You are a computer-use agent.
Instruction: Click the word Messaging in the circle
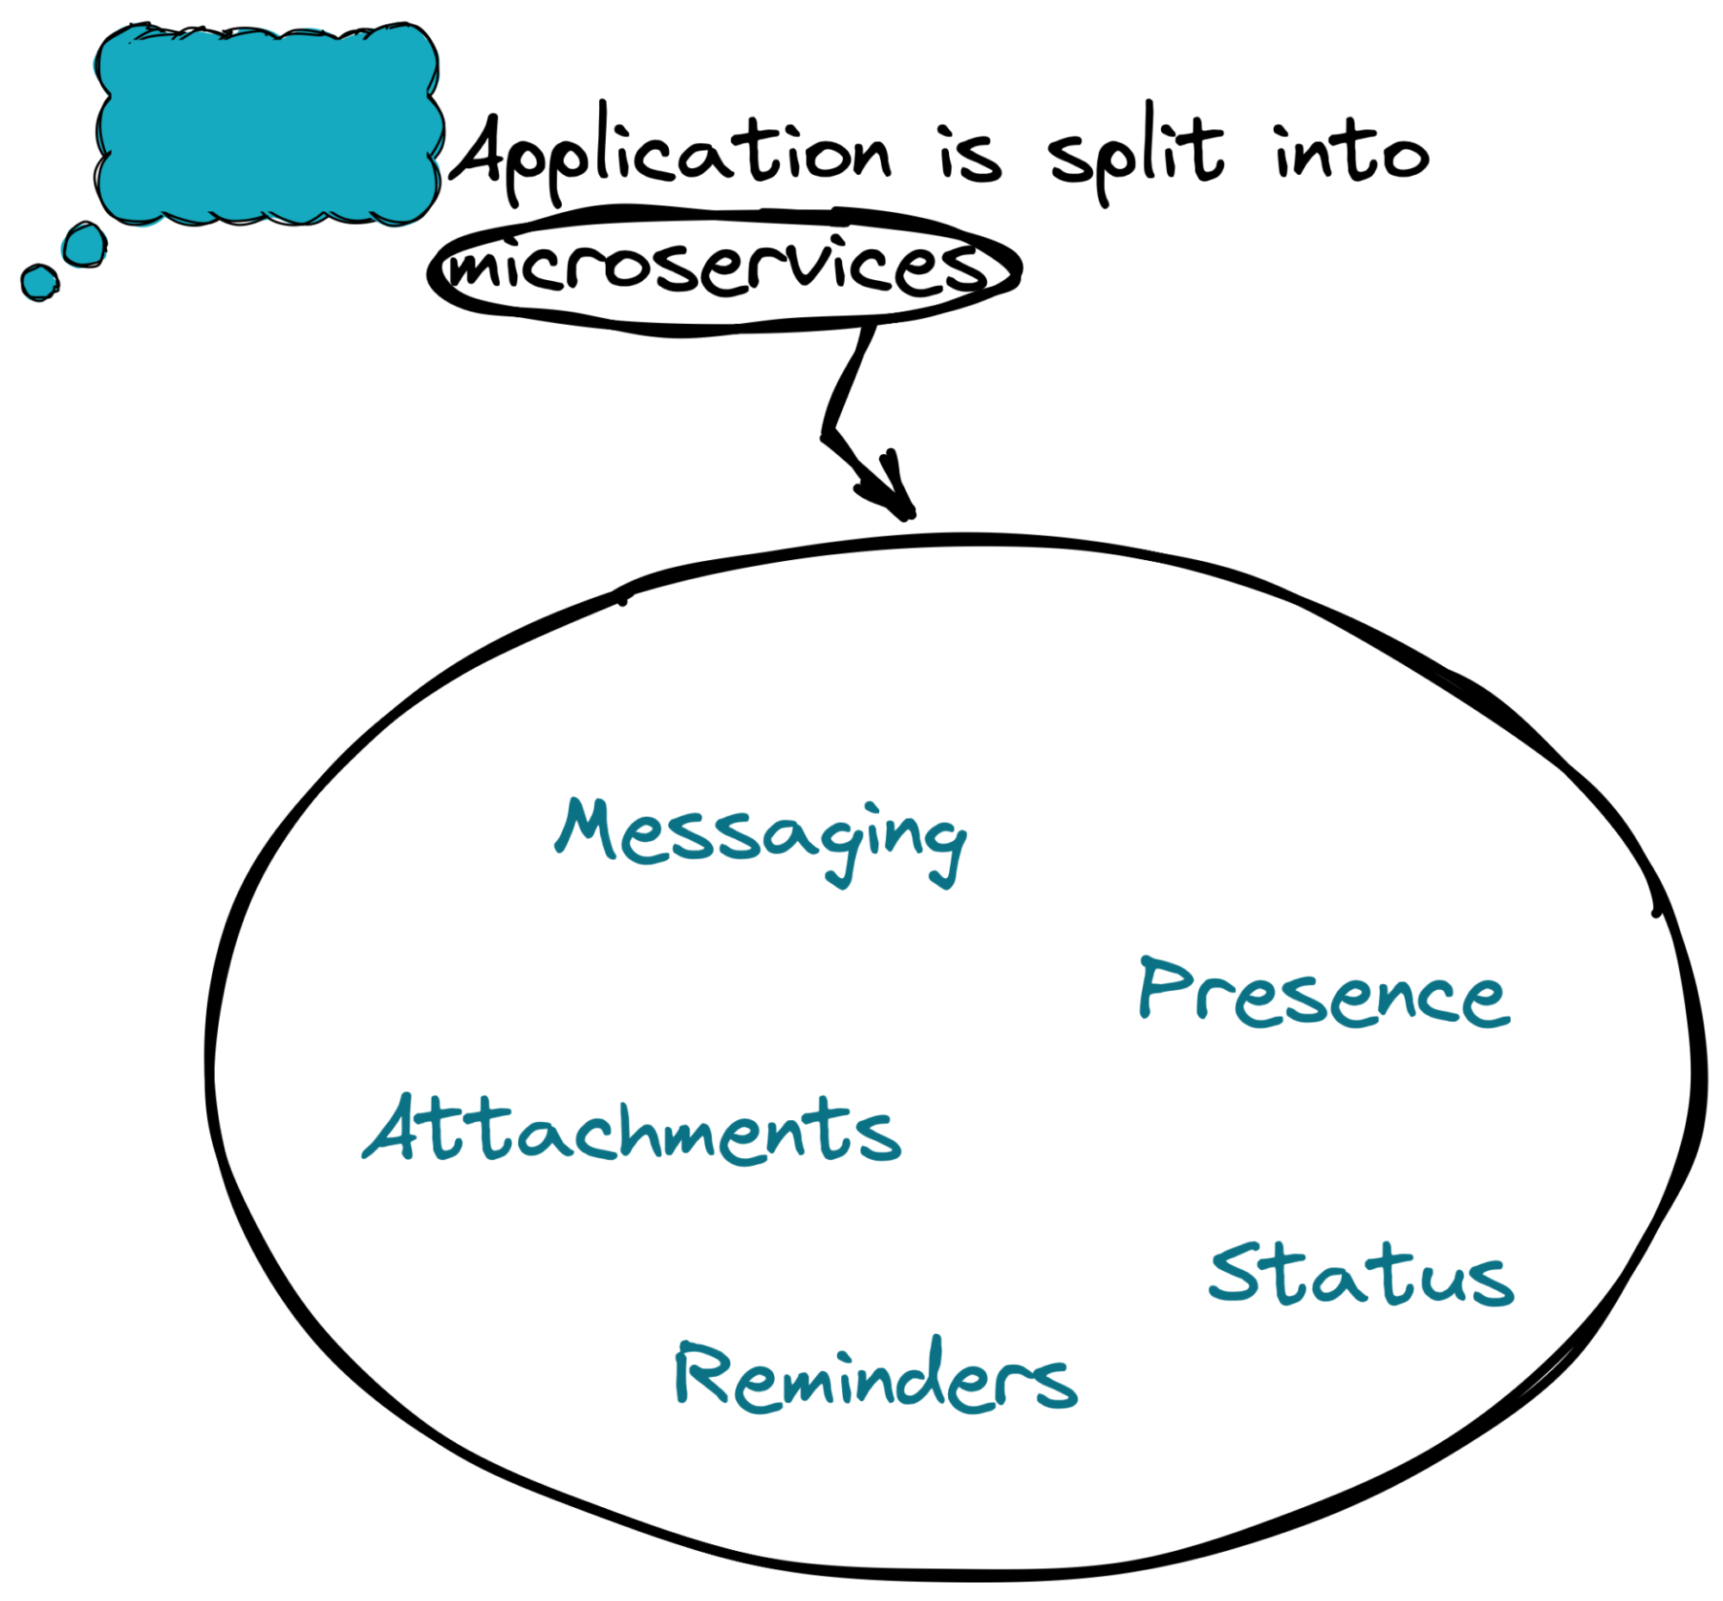[760, 836]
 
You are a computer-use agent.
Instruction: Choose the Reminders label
[876, 1378]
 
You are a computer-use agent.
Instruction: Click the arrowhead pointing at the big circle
[893, 494]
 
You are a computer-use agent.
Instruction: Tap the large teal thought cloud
[267, 126]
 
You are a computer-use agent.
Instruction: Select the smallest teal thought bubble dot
[39, 283]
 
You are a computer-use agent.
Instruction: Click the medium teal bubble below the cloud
[85, 245]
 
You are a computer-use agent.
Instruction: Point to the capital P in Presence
[1165, 987]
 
